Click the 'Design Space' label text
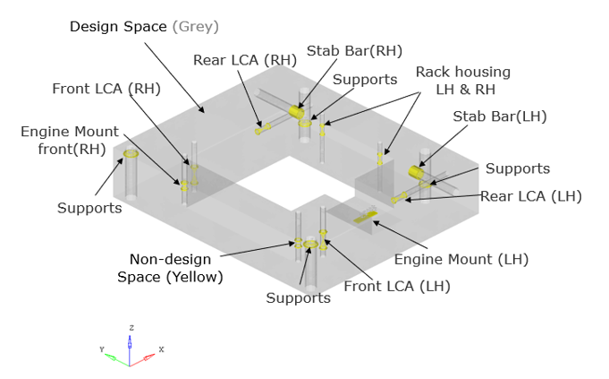tap(118, 26)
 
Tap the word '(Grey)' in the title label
tap(195, 26)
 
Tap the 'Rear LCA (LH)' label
tap(531, 196)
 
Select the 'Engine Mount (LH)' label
tap(461, 259)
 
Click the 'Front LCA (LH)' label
tap(397, 287)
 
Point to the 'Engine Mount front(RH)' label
tap(63, 140)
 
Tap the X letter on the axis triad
tap(161, 349)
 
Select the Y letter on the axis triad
tap(103, 348)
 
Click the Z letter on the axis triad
tap(131, 328)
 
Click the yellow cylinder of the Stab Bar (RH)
tap(298, 113)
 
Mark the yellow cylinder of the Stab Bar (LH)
tap(418, 171)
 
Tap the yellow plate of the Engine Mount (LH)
tap(367, 216)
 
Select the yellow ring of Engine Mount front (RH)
tap(131, 154)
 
